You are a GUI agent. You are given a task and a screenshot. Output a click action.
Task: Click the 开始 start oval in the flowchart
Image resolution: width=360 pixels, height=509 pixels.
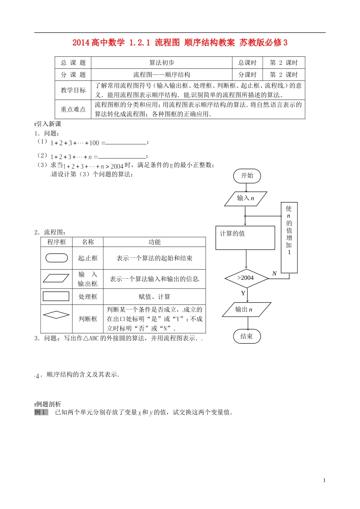(x=247, y=176)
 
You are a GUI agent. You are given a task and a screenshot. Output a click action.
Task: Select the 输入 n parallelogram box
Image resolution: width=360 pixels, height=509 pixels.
(x=246, y=198)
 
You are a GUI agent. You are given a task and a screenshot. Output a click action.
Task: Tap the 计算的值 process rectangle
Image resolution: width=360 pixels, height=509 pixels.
(x=245, y=238)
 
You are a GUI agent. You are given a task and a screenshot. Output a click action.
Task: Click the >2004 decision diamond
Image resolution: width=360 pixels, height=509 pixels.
(x=246, y=278)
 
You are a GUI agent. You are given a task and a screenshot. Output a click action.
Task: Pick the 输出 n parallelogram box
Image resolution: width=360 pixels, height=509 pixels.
(x=246, y=309)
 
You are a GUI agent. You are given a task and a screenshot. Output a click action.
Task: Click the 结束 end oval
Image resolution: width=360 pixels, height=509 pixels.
(x=247, y=336)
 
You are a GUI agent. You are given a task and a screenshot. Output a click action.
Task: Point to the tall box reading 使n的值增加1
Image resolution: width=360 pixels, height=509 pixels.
(x=289, y=237)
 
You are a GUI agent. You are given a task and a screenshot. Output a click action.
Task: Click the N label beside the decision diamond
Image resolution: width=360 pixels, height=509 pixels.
(x=274, y=273)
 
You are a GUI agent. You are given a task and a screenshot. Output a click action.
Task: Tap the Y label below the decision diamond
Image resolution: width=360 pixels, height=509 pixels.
(x=243, y=293)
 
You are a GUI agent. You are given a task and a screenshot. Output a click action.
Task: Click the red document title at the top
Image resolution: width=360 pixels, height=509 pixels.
(x=180, y=42)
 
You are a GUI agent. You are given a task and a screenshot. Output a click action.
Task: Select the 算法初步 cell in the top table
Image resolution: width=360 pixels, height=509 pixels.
(x=161, y=63)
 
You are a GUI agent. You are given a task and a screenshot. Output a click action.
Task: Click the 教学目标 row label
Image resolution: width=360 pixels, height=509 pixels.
(x=73, y=90)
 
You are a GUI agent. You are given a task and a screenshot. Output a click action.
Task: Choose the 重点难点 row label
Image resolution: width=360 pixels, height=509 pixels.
(x=73, y=109)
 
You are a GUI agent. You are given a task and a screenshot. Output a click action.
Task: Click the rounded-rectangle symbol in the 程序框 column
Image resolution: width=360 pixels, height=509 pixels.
(x=56, y=258)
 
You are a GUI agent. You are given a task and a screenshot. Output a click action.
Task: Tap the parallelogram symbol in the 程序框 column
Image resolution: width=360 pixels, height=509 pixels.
(x=56, y=278)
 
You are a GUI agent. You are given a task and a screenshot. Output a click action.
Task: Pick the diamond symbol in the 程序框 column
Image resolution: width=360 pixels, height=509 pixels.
(x=56, y=315)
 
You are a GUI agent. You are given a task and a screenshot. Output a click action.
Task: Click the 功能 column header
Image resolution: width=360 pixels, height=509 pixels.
(x=154, y=242)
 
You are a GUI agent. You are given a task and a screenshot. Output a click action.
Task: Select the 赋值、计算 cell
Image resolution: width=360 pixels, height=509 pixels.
(x=154, y=297)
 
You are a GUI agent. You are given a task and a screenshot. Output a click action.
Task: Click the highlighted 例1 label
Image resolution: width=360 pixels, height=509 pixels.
(x=41, y=412)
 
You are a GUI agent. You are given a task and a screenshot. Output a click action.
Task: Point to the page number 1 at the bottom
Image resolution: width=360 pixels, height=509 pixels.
(x=324, y=480)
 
